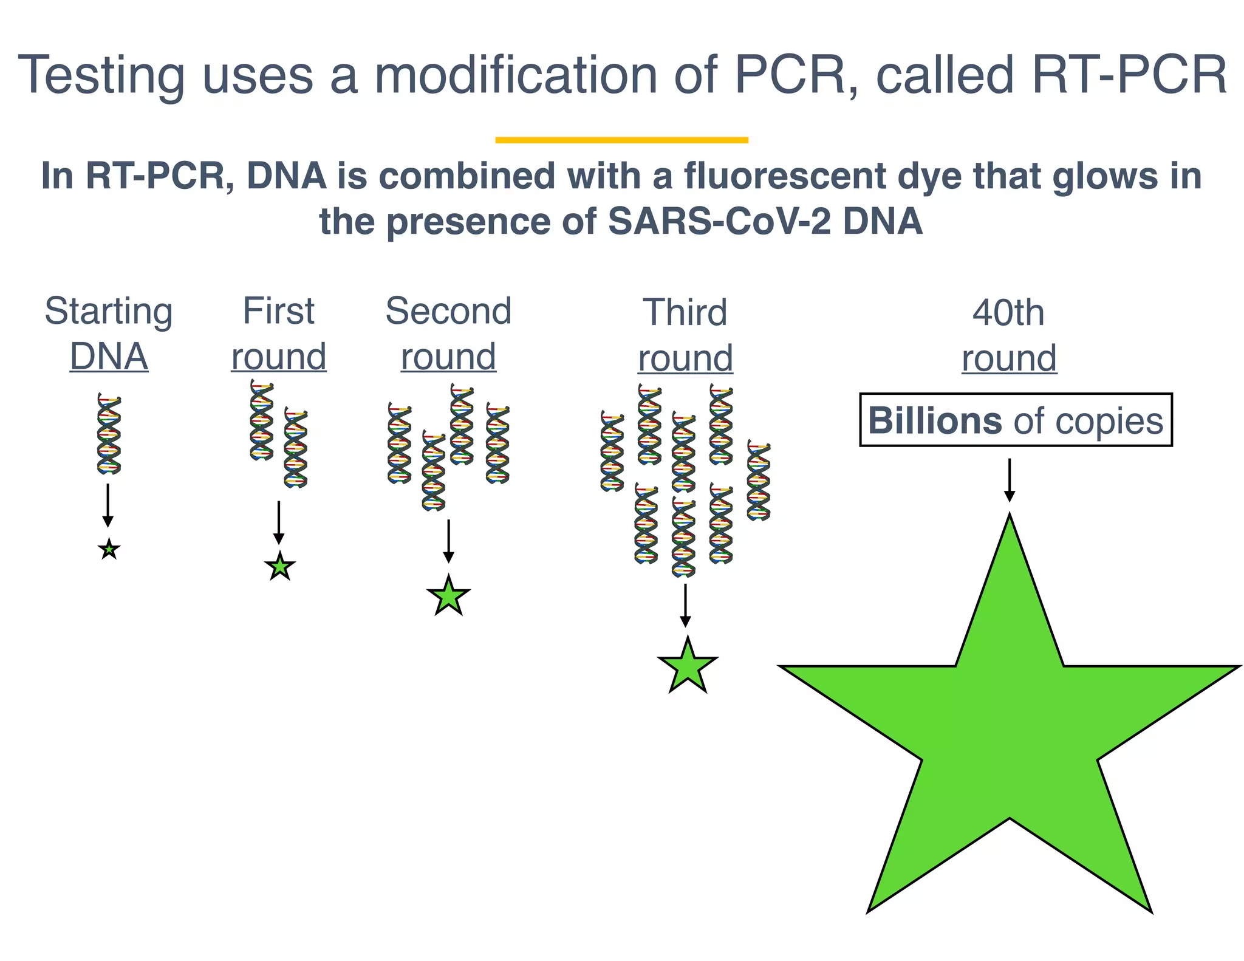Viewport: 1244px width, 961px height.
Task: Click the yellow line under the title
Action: click(621, 140)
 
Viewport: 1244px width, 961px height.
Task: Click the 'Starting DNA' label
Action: click(109, 333)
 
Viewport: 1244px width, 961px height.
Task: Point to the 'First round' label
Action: click(279, 333)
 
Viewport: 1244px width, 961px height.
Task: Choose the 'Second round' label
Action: click(448, 333)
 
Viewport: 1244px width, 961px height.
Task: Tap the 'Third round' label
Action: click(685, 334)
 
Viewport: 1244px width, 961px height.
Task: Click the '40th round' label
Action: click(1009, 334)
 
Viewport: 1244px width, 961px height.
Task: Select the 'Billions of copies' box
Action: click(1016, 420)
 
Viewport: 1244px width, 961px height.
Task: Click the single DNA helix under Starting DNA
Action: click(109, 433)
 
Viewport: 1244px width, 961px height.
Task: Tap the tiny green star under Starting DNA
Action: click(109, 550)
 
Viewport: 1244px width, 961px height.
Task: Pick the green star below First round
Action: click(279, 567)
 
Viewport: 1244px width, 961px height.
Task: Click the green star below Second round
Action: click(448, 597)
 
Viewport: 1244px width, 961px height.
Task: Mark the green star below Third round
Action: click(687, 667)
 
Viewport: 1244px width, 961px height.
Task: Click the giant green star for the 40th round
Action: click(1009, 729)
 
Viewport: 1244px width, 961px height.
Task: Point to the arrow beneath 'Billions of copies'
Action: click(1009, 480)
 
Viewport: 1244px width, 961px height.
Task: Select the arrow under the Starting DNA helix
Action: click(108, 505)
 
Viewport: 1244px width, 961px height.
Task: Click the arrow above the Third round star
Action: click(685, 605)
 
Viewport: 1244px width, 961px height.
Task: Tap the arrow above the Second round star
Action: click(448, 541)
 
